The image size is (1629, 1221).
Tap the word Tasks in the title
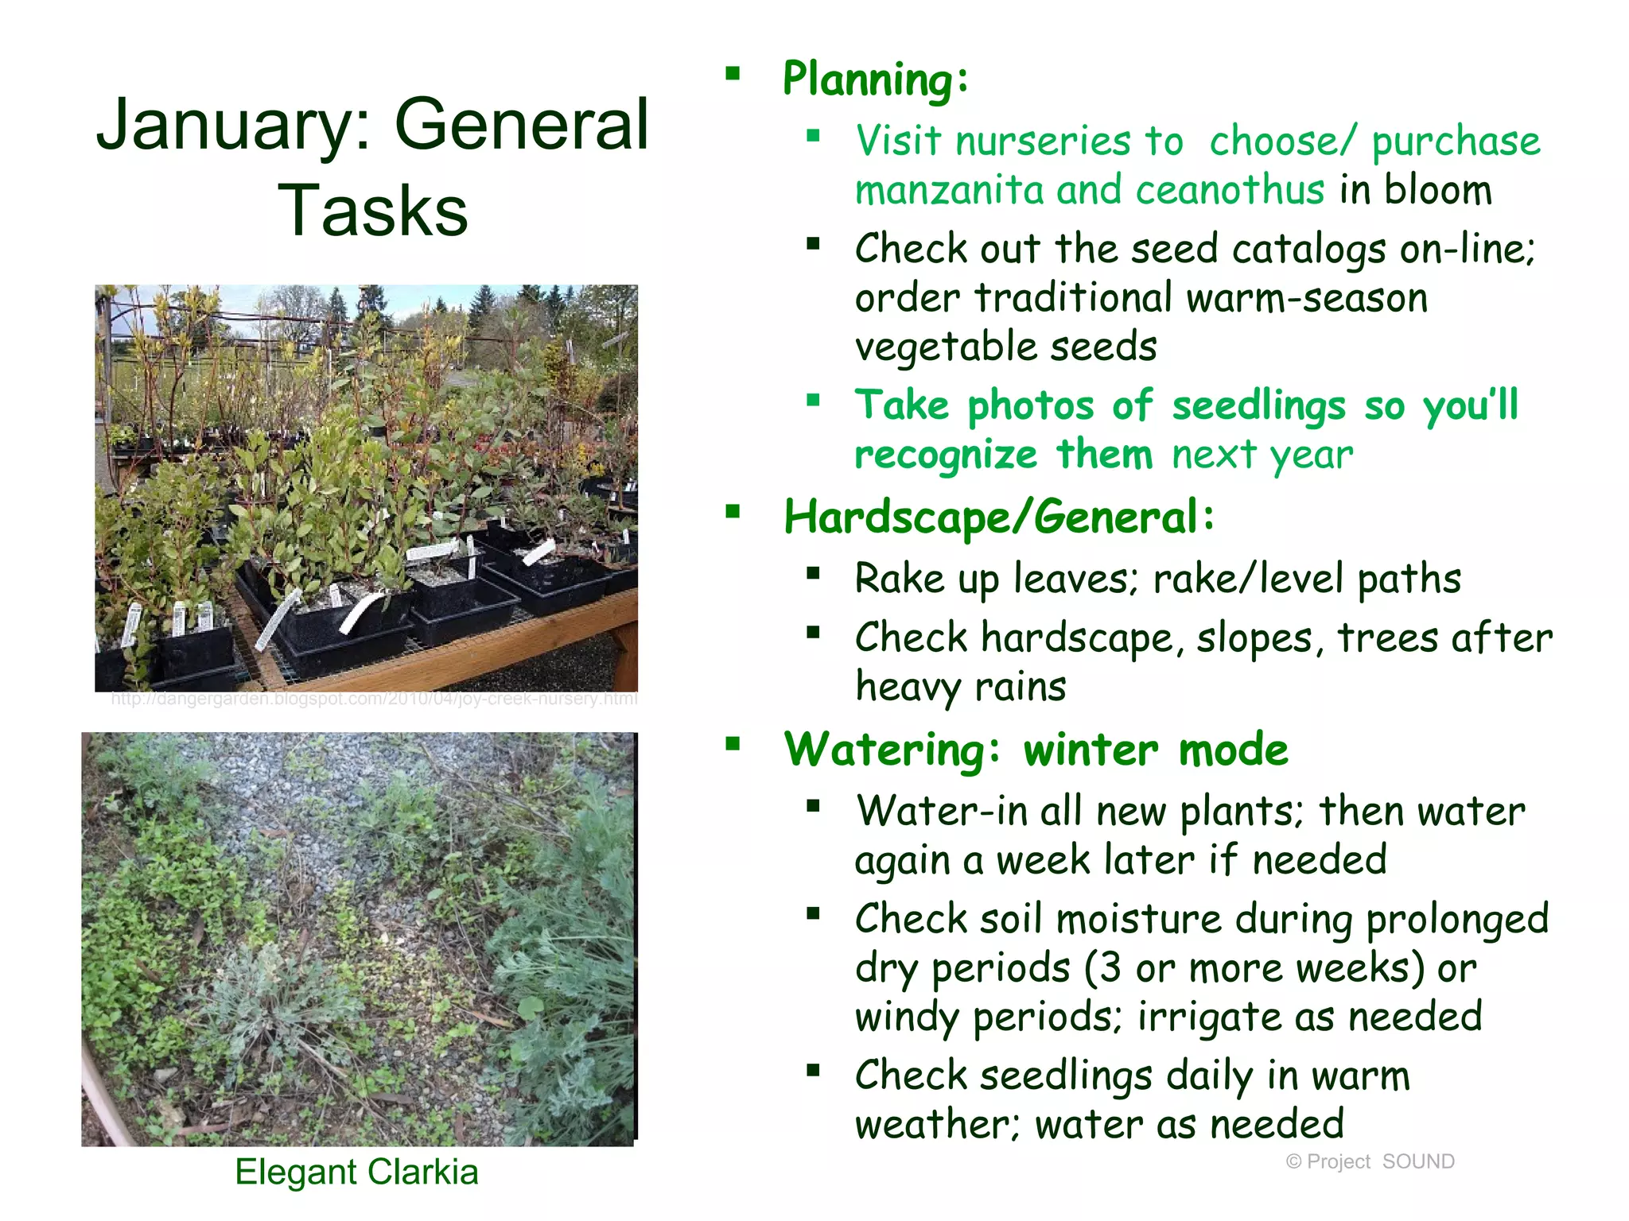click(372, 211)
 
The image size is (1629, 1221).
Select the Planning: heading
click(876, 79)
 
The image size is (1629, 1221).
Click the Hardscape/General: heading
click(999, 517)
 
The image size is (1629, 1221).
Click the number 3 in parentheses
click(1110, 969)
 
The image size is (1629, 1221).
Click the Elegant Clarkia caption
click(356, 1173)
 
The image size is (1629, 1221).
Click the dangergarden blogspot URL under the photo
click(374, 700)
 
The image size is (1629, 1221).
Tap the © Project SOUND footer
click(1370, 1161)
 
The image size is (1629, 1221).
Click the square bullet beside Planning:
click(733, 75)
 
